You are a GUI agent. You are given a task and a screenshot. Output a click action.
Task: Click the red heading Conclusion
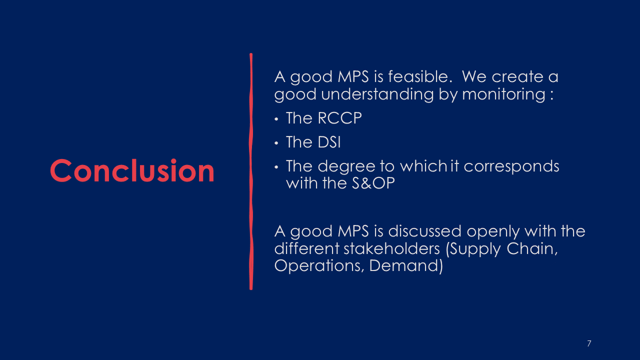132,170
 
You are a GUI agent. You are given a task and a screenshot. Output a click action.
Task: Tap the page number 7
589,343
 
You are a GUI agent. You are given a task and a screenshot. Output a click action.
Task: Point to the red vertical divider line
251,171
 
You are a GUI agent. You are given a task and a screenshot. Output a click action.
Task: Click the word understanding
377,94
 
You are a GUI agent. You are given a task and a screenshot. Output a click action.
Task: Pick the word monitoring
503,94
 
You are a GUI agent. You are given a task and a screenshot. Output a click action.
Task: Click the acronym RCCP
339,117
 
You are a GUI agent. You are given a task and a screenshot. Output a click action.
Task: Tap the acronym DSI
329,142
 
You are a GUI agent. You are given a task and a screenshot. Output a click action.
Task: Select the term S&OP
373,183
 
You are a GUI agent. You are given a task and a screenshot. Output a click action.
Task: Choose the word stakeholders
391,248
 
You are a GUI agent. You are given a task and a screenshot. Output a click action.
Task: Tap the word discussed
424,231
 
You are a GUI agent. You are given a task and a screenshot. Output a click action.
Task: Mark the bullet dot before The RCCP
276,119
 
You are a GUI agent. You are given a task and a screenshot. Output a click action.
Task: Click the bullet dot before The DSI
276,143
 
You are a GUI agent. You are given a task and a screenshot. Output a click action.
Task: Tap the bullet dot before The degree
276,167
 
